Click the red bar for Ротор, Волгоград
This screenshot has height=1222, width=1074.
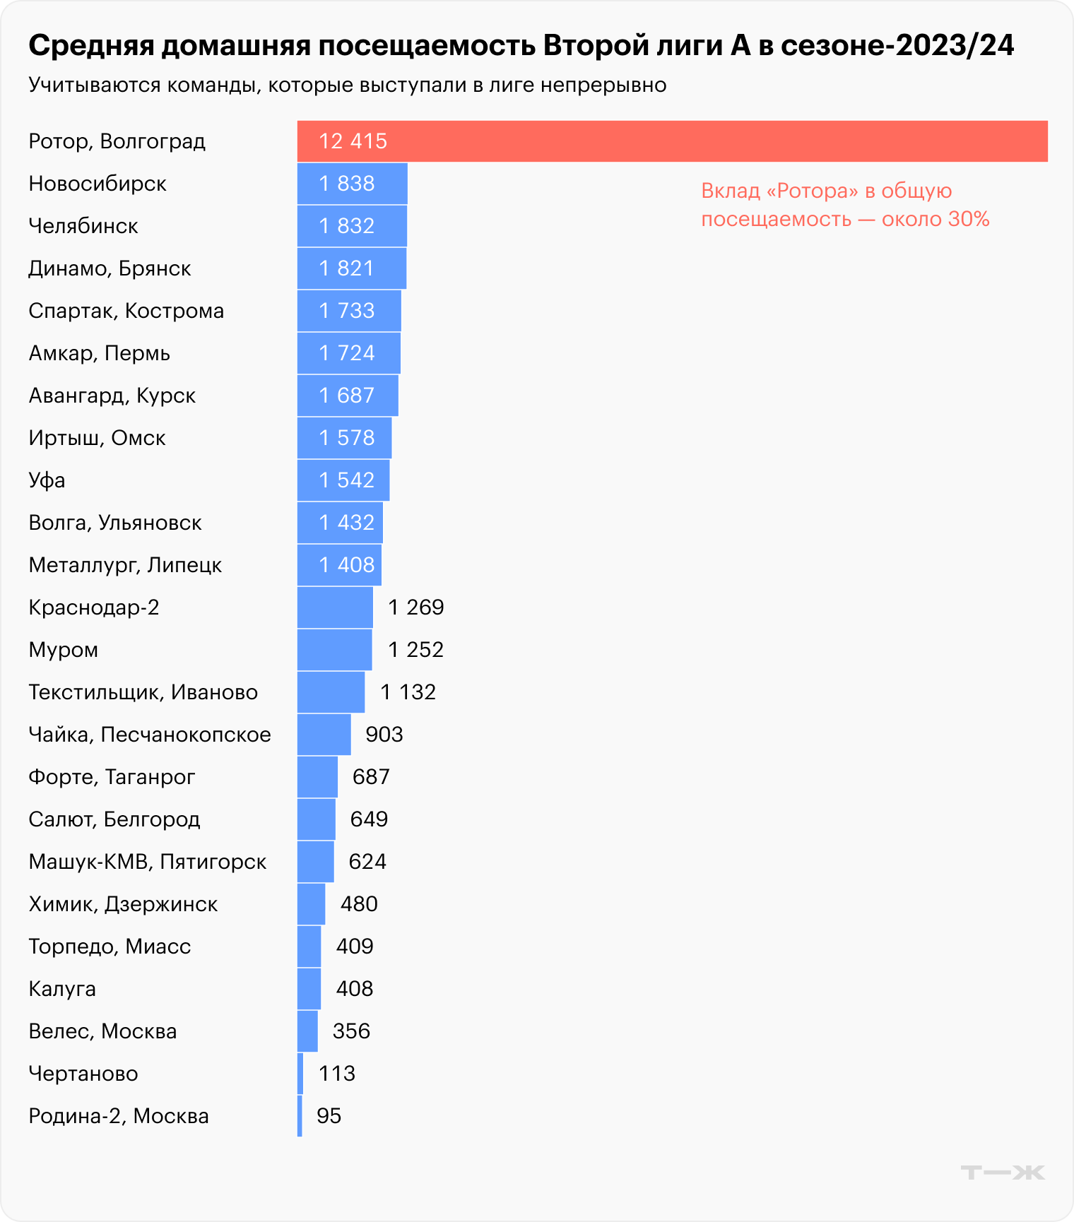pos(671,141)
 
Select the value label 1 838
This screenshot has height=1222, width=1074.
pos(346,184)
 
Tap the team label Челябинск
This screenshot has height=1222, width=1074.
pos(83,226)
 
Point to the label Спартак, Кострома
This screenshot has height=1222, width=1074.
pos(126,311)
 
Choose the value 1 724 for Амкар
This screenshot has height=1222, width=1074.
pos(346,353)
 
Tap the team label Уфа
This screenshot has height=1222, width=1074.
pos(47,480)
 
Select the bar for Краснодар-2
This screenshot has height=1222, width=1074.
pos(335,607)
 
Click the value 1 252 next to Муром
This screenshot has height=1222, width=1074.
pos(415,650)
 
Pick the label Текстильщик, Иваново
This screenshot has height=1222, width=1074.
pos(143,692)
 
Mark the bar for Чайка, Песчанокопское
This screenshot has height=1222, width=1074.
pos(324,735)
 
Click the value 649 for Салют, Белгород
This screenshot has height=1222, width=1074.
pos(369,819)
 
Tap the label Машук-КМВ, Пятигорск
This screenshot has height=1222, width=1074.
pos(147,862)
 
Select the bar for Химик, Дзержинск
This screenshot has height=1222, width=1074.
pos(311,904)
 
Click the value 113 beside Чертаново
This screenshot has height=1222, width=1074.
pos(336,1074)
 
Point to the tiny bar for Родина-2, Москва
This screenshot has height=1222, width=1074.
pos(300,1116)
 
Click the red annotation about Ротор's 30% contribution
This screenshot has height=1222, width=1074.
pos(844,205)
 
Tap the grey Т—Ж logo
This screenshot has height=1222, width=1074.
pos(1003,1173)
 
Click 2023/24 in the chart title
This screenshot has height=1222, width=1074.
pos(954,46)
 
